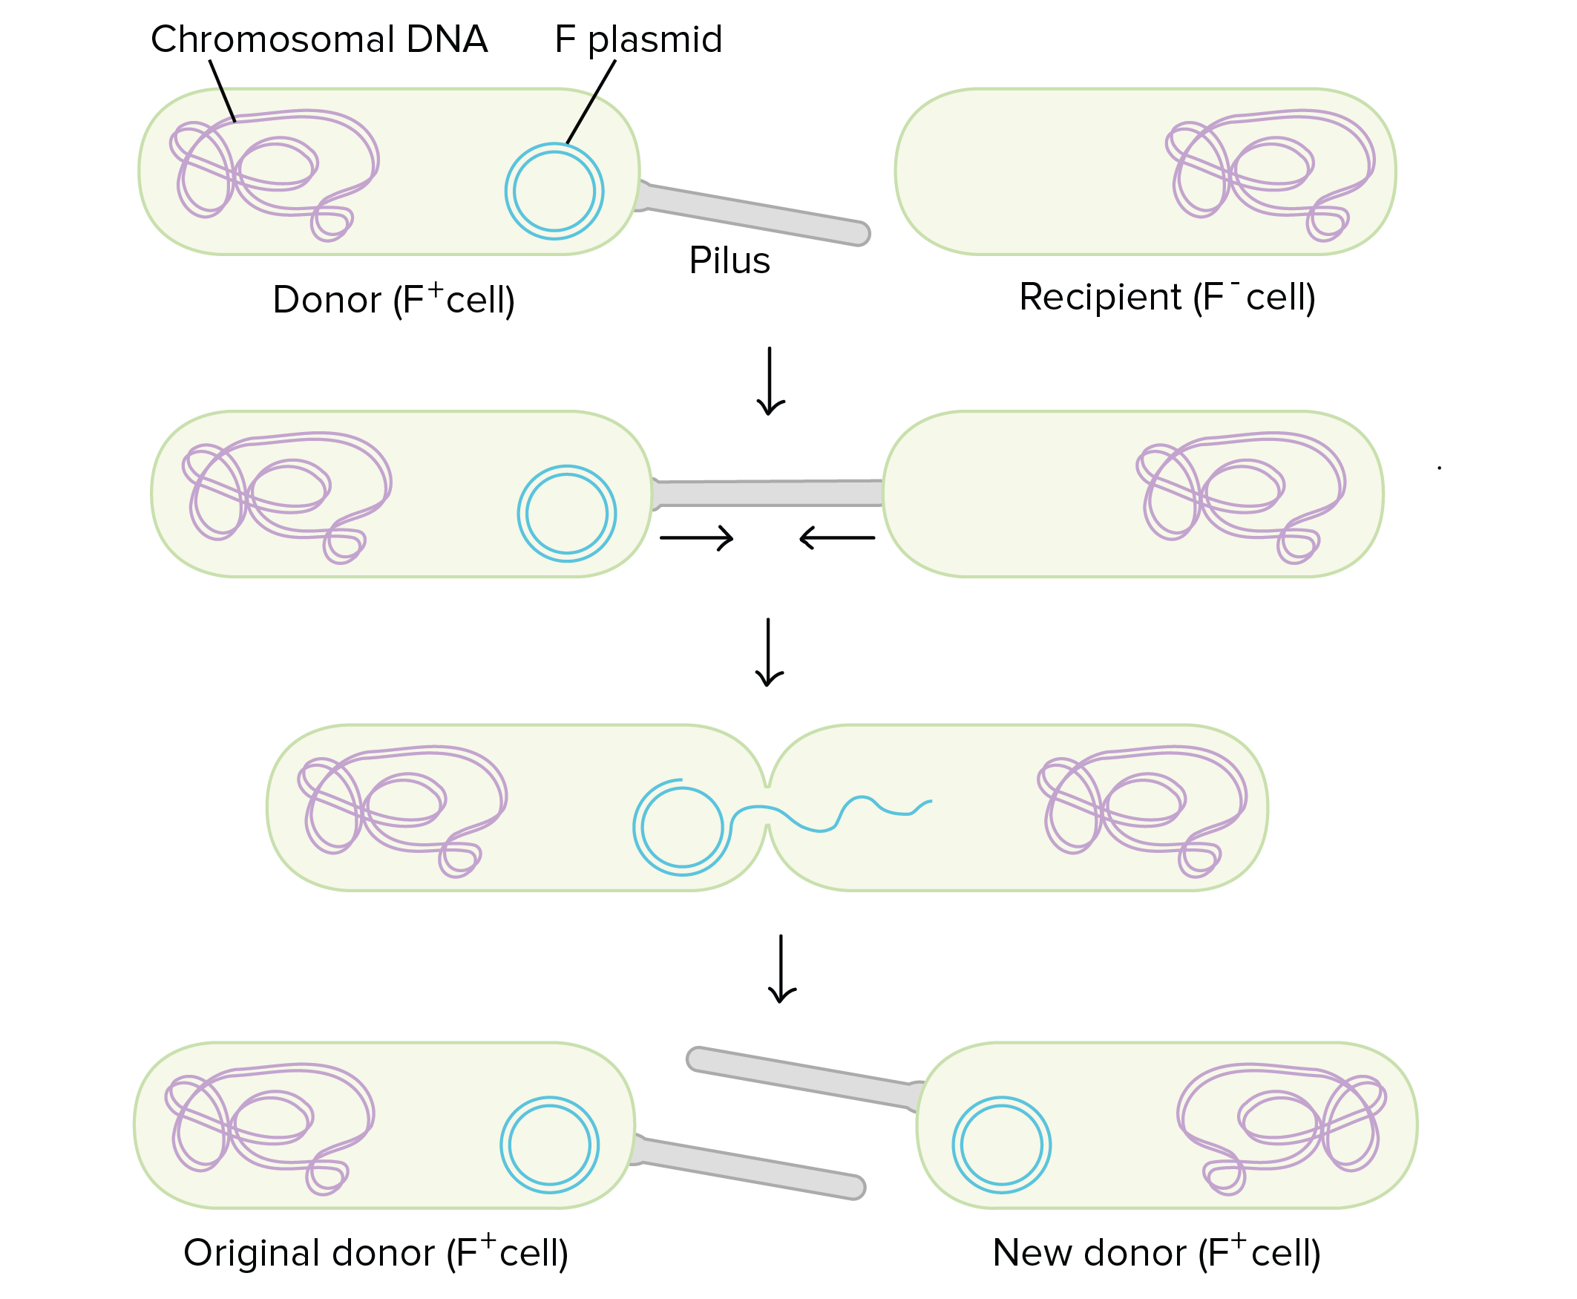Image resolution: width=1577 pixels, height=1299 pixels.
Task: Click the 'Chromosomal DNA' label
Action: point(318,39)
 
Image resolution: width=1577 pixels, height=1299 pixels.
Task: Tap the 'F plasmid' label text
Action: point(638,39)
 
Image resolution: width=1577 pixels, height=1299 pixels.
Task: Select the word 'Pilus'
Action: point(730,261)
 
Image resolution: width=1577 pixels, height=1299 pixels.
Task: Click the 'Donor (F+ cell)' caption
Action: point(393,299)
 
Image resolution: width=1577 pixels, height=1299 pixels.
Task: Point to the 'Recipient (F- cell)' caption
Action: point(1167,297)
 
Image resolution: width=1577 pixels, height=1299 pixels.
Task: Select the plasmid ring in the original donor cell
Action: point(550,1099)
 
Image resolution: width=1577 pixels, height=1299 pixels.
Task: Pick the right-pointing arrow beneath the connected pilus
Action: point(696,537)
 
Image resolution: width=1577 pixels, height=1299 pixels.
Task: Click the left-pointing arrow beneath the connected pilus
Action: point(837,537)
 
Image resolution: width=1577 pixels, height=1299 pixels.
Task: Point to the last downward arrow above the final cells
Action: point(781,968)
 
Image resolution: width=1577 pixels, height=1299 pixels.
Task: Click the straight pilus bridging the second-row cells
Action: point(767,493)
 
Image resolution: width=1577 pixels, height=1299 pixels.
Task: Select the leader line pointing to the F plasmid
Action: point(591,101)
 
